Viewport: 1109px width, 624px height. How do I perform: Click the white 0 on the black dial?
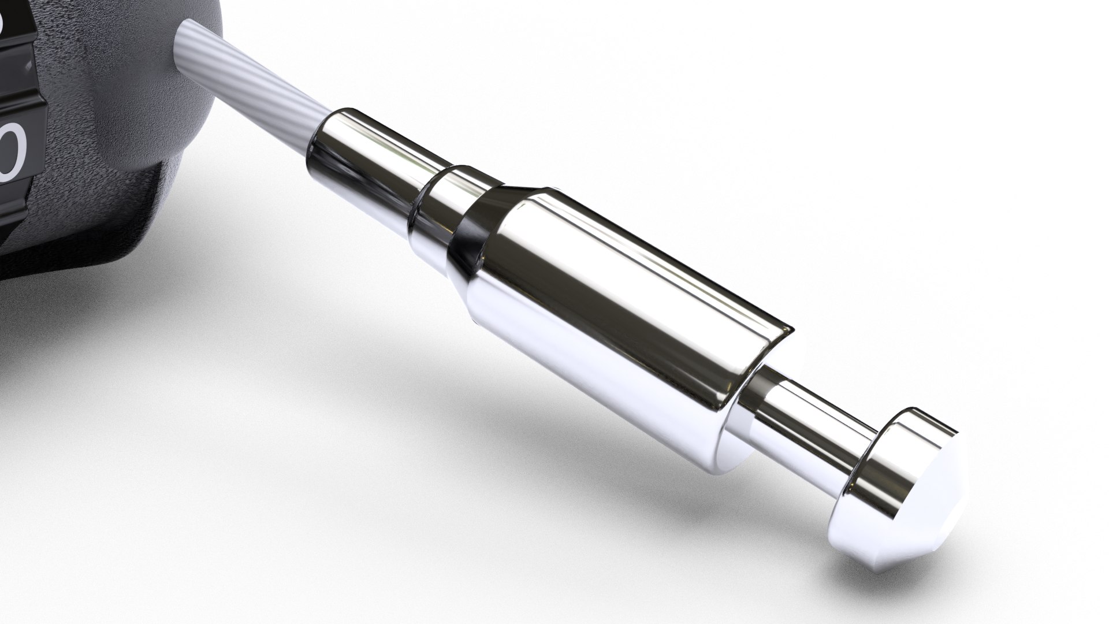tap(13, 151)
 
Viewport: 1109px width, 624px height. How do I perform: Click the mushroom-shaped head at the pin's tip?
tap(901, 462)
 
